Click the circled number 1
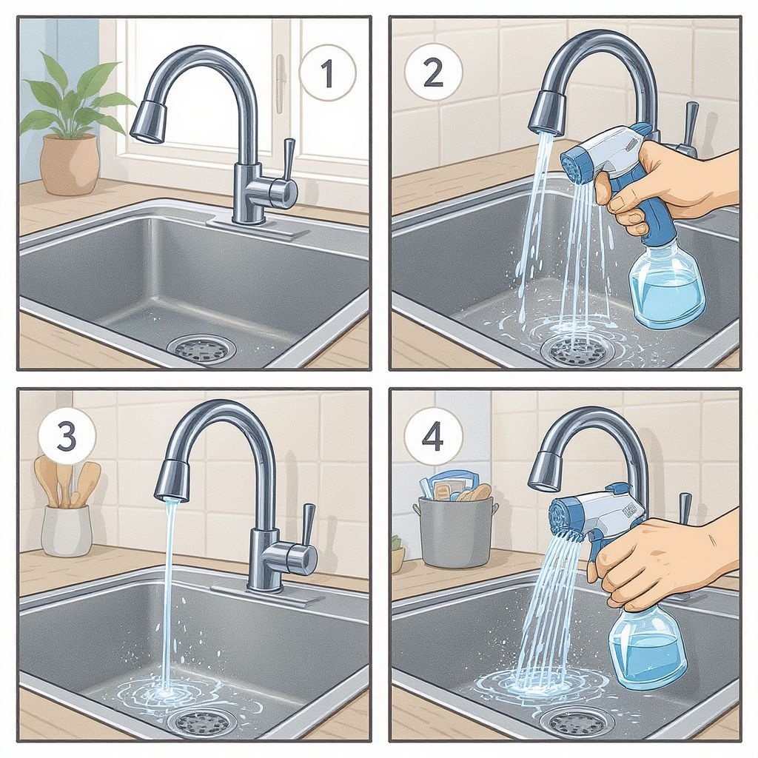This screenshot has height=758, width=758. [327, 73]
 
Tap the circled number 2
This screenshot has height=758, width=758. [432, 73]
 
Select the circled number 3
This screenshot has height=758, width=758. [67, 437]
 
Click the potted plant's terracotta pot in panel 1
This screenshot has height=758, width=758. [70, 164]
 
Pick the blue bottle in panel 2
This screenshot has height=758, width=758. [668, 286]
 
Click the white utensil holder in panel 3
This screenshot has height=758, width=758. [67, 530]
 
